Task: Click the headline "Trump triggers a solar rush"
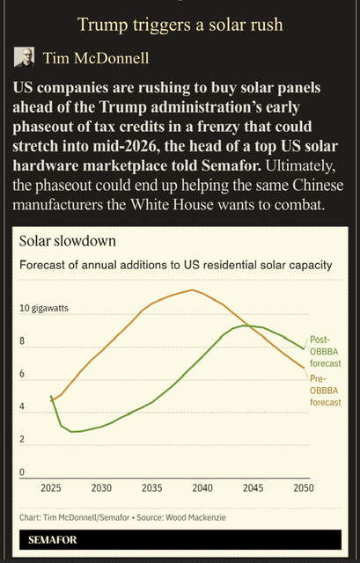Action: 180,24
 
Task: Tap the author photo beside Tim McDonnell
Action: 25,59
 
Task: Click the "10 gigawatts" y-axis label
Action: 44,309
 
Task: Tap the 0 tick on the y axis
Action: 24,472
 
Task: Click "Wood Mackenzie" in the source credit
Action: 201,516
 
